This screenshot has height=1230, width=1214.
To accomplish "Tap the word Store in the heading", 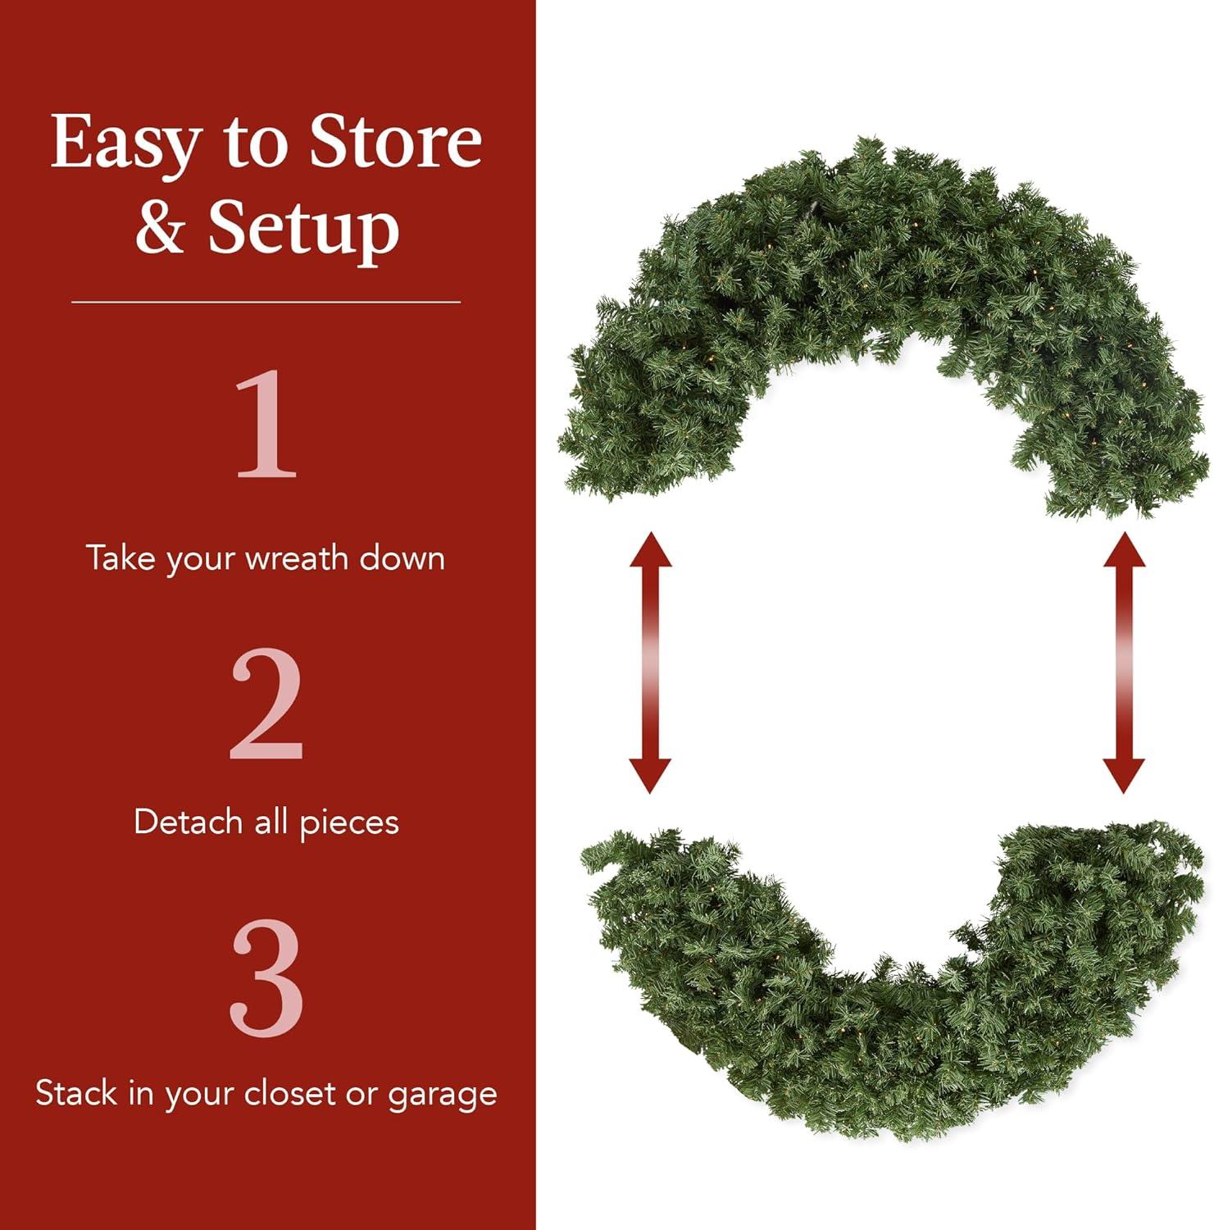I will coord(395,142).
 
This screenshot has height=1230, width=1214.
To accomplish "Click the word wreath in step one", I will coord(297,558).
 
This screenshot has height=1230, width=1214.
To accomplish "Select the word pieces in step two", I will coord(349,823).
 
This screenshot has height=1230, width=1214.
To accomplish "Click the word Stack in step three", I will coord(75,1093).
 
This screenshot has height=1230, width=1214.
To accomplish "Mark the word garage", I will coord(443,1095).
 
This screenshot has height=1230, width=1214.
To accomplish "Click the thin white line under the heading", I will coord(266,302).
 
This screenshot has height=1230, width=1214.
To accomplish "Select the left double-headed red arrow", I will coord(650,662).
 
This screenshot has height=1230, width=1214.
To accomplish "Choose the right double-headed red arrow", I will coord(1124,662).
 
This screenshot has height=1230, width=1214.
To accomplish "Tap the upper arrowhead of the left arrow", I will coord(651,549).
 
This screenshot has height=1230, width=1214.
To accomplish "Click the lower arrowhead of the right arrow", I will coord(1124,774).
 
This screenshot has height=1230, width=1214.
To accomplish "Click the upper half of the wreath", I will coord(885,271).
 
